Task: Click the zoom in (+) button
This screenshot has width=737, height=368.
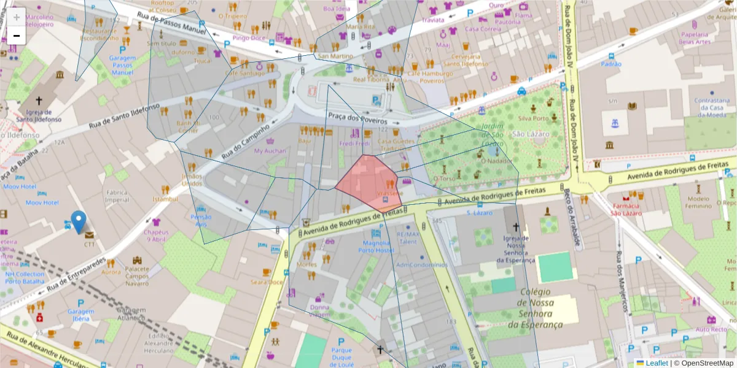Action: coord(17,17)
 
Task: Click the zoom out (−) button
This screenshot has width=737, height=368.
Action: coord(17,36)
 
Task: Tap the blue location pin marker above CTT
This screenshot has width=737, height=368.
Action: coord(79,221)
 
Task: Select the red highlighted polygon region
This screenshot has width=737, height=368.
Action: coord(368,181)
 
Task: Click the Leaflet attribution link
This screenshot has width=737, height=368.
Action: coord(657,363)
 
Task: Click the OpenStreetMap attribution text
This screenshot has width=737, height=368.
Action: coord(706,363)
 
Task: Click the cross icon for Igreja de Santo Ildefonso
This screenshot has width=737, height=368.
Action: coord(39,100)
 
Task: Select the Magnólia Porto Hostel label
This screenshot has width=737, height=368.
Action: coord(379,247)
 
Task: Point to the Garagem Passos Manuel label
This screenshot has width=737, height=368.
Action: coord(122,65)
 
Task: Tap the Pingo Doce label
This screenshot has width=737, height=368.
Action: coord(249,38)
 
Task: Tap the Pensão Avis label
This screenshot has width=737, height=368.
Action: coord(201,220)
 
